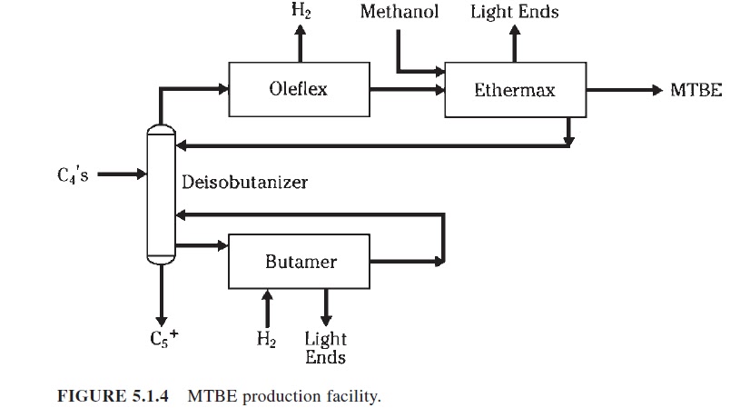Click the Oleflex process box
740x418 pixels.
298,89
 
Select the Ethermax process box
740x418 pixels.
515,90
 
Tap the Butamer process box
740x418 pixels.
301,262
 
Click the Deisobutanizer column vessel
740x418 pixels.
160,194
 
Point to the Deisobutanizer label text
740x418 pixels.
244,183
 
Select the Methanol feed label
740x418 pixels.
399,12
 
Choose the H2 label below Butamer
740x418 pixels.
267,342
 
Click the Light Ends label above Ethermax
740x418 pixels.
514,12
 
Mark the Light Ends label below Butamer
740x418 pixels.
325,348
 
